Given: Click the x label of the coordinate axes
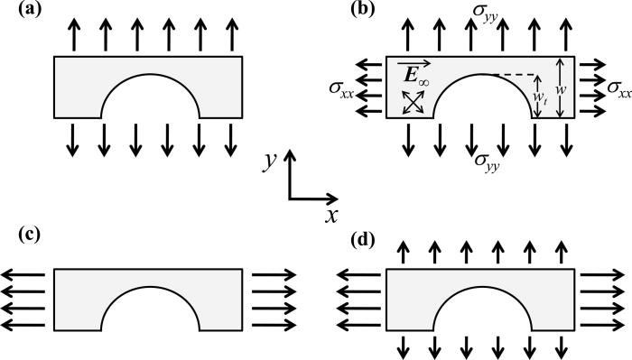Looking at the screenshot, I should (332, 216).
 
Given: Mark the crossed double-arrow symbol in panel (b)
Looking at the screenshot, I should (412, 102).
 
